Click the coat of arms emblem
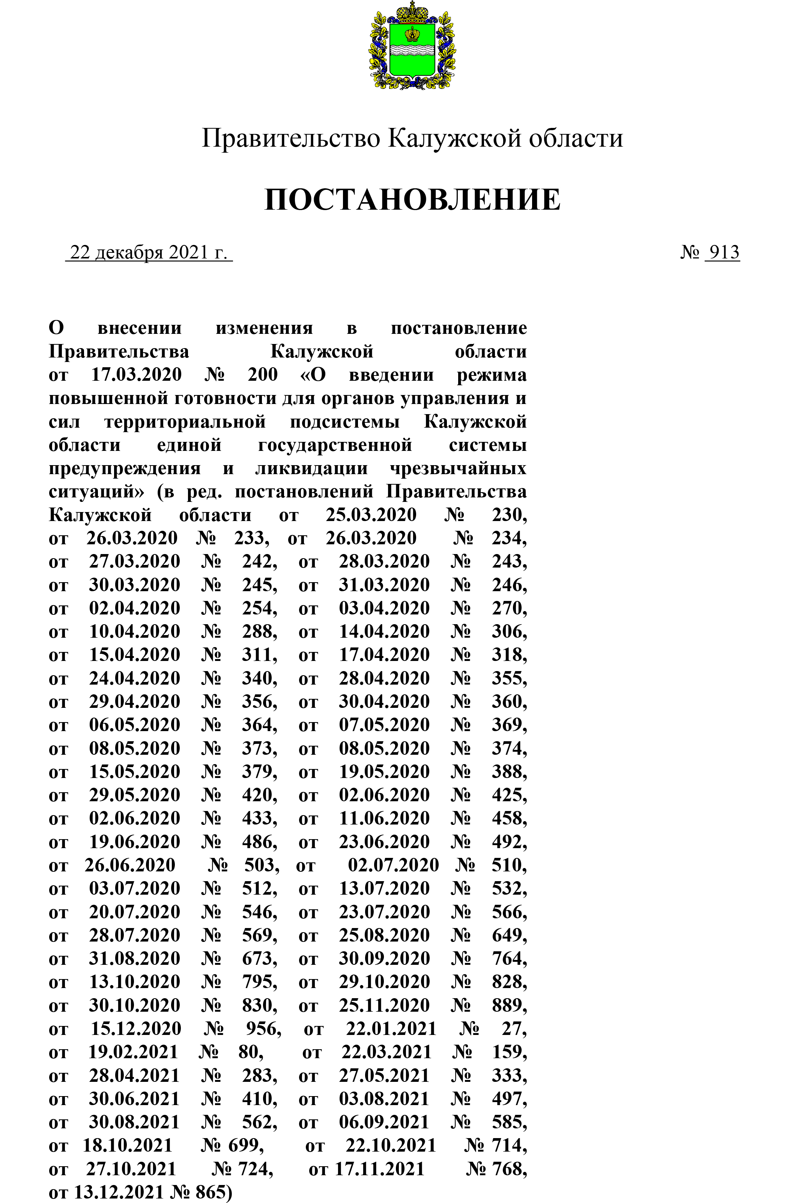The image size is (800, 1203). (412, 46)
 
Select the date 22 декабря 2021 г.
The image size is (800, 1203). (149, 252)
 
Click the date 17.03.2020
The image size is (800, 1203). (136, 375)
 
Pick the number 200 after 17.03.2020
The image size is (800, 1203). (263, 375)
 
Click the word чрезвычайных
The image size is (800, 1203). (458, 468)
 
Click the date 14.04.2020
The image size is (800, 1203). (384, 632)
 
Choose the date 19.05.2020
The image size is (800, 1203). (384, 772)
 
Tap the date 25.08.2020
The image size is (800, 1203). (384, 935)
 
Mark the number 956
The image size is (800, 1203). (263, 1029)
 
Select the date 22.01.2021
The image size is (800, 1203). (391, 1029)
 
